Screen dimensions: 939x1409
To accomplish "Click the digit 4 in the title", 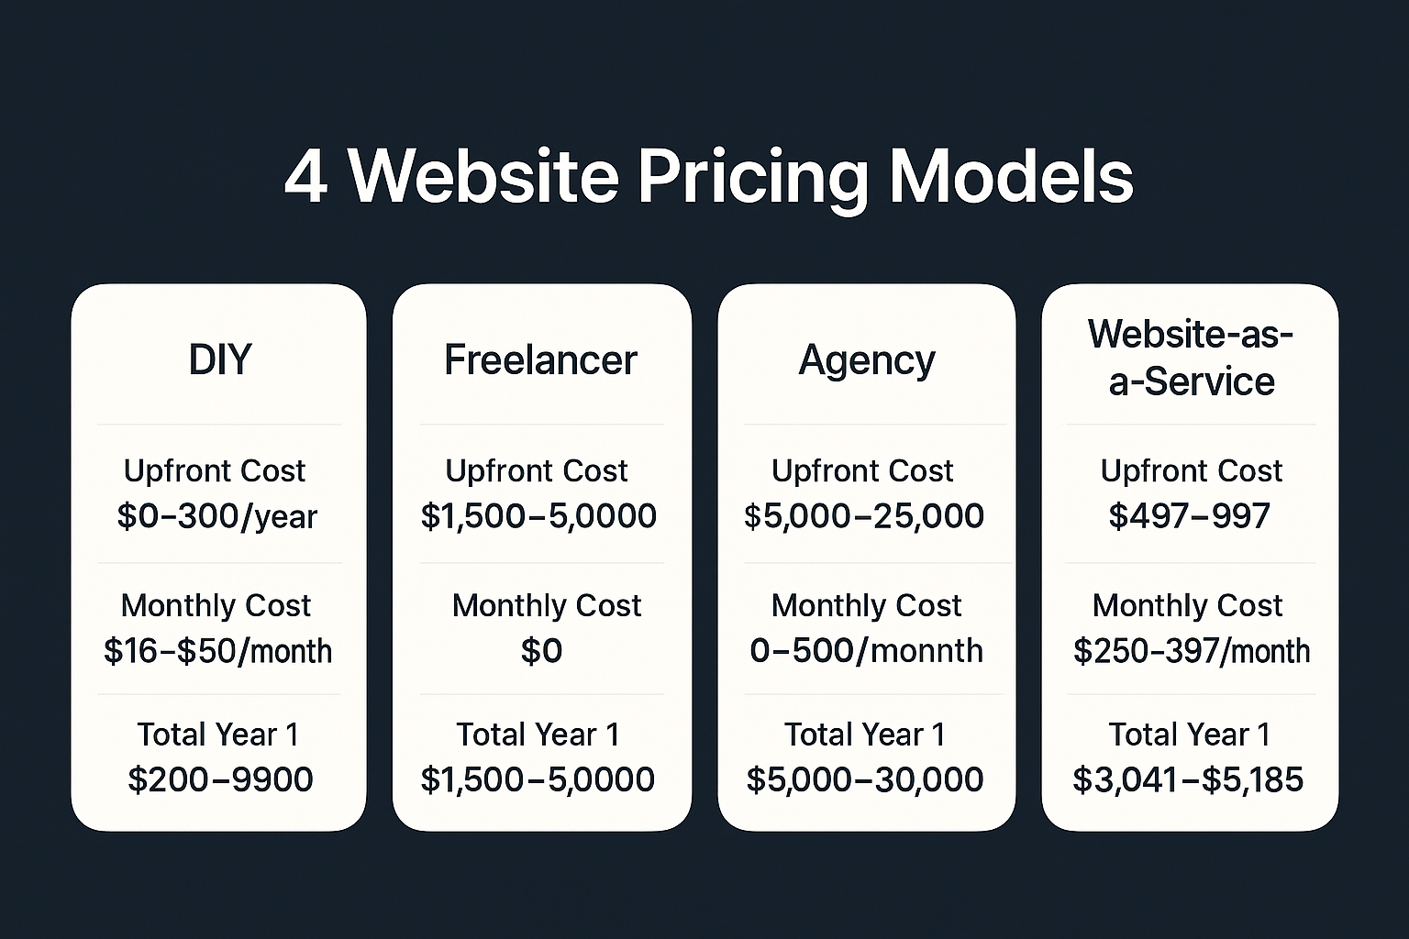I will point(305,176).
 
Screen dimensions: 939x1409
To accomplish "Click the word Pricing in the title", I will point(752,176).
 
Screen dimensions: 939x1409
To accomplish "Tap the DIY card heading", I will point(219,359).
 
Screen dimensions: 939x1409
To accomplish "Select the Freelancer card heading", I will point(540,359).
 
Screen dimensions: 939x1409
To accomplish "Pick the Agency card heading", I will point(867,360).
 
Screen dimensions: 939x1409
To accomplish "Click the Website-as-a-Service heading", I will point(1191,358).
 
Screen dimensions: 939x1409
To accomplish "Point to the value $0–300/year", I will point(217,516).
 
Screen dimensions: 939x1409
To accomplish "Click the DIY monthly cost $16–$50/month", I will point(217,651).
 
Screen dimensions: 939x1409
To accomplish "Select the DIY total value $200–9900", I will point(220,779).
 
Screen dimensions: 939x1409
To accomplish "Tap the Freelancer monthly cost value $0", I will point(541,651).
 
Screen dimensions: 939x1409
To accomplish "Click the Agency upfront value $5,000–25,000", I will point(864,516).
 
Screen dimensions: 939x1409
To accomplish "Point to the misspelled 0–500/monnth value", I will point(866,651).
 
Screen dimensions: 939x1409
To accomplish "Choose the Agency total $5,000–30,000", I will point(865,779).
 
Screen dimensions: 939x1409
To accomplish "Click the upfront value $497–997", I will point(1189,516).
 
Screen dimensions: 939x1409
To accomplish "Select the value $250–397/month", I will point(1191,651).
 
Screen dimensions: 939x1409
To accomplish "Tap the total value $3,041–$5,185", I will point(1188,779).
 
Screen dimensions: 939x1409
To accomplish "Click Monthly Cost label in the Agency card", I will point(866,605).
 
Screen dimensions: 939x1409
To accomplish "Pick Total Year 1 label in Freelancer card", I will point(538,735).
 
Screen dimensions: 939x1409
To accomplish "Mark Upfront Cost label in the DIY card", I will point(215,470).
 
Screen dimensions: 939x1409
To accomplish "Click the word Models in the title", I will point(1011,176).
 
